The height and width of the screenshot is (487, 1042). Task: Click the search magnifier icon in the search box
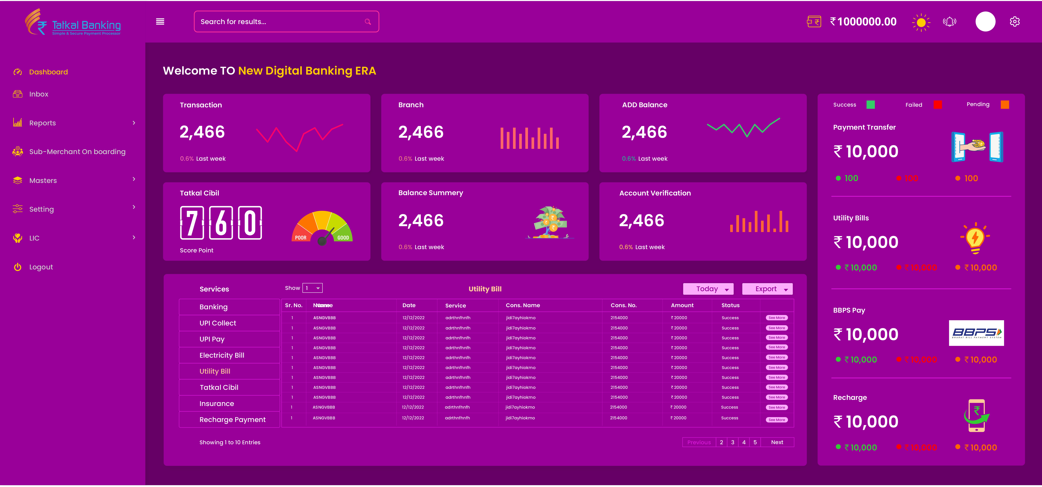click(368, 22)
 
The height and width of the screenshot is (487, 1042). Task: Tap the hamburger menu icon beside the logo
click(160, 22)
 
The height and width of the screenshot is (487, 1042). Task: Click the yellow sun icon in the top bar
click(921, 22)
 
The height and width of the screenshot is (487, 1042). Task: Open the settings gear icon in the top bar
click(1014, 22)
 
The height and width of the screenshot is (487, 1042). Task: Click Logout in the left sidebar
click(41, 267)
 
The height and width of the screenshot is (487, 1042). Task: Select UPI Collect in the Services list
click(218, 323)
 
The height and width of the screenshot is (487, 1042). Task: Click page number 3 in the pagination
click(732, 442)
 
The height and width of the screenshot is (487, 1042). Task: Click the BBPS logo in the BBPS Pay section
click(976, 333)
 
